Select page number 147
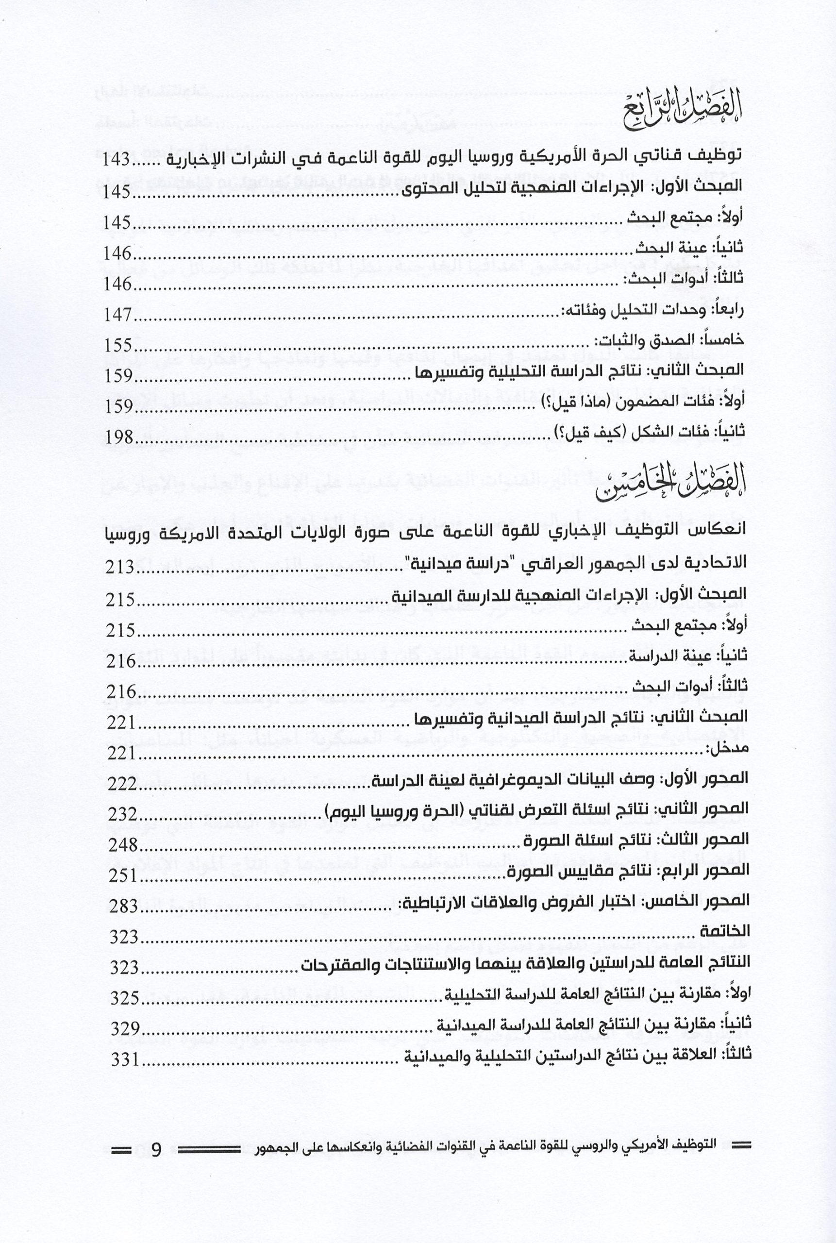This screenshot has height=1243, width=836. pyautogui.click(x=118, y=314)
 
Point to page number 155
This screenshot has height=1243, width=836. pyautogui.click(x=118, y=345)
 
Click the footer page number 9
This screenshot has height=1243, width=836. pyautogui.click(x=156, y=1150)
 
